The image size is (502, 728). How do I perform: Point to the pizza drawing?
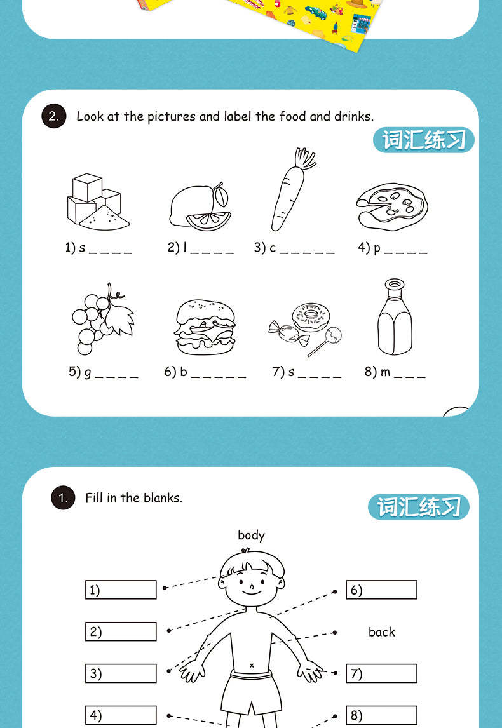391,205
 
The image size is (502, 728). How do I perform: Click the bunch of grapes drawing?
102,318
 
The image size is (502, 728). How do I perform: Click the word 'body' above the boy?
251,536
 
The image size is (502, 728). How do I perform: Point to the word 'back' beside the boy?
381,632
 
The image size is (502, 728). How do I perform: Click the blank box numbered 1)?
121,590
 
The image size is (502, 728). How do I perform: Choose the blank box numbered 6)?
381,590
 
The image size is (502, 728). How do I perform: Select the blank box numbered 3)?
121,673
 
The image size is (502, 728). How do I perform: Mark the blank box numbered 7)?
381,673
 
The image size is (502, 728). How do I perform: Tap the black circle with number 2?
54,117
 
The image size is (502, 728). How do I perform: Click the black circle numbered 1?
63,498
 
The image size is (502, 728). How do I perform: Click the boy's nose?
252,585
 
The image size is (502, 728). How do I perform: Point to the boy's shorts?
251,689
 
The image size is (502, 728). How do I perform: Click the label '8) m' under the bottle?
378,372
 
